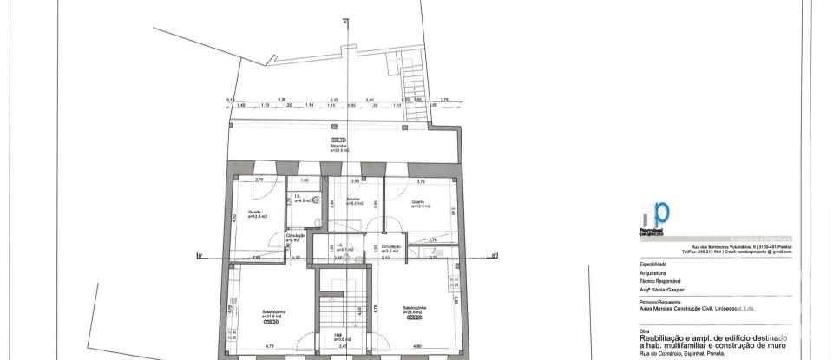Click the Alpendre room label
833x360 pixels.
coord(338,147)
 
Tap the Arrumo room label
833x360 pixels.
coord(353,200)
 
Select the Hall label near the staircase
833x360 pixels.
coord(338,337)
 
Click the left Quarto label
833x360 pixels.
coord(255,213)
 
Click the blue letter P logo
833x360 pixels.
coord(661,214)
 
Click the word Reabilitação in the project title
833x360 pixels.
coord(664,336)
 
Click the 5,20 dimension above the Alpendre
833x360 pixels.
coord(281,100)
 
